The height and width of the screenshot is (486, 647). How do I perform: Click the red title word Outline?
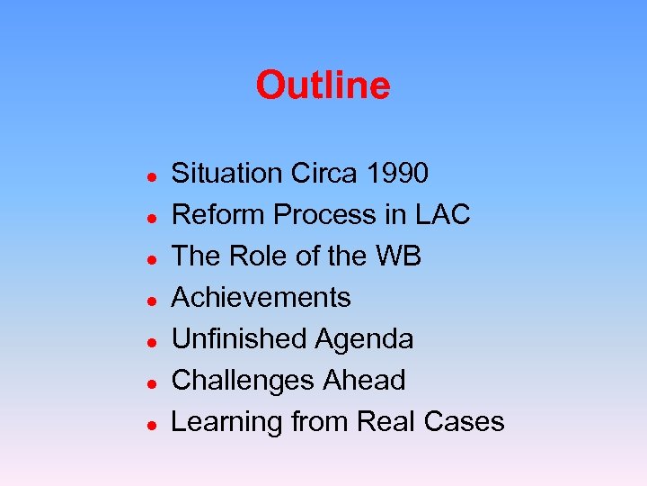[323, 86]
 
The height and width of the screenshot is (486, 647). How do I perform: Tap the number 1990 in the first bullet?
[398, 173]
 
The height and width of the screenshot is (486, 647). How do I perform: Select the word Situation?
[227, 173]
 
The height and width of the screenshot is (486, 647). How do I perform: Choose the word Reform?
[218, 214]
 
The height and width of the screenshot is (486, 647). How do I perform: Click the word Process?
[326, 214]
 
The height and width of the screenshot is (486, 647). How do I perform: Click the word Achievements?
[261, 297]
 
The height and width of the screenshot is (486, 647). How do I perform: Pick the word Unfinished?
[239, 338]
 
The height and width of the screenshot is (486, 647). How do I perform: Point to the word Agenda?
[364, 340]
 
